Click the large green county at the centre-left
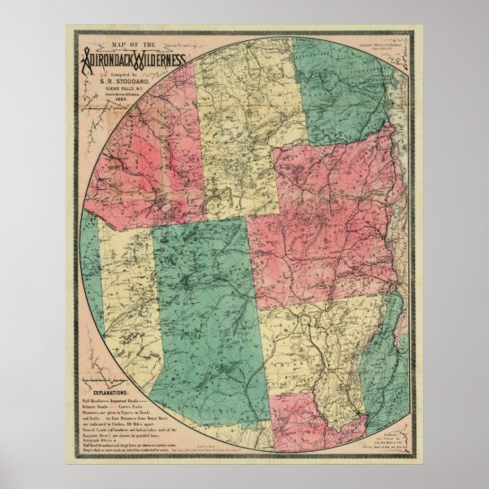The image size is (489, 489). pos(205,311)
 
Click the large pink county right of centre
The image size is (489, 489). pos(327,220)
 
